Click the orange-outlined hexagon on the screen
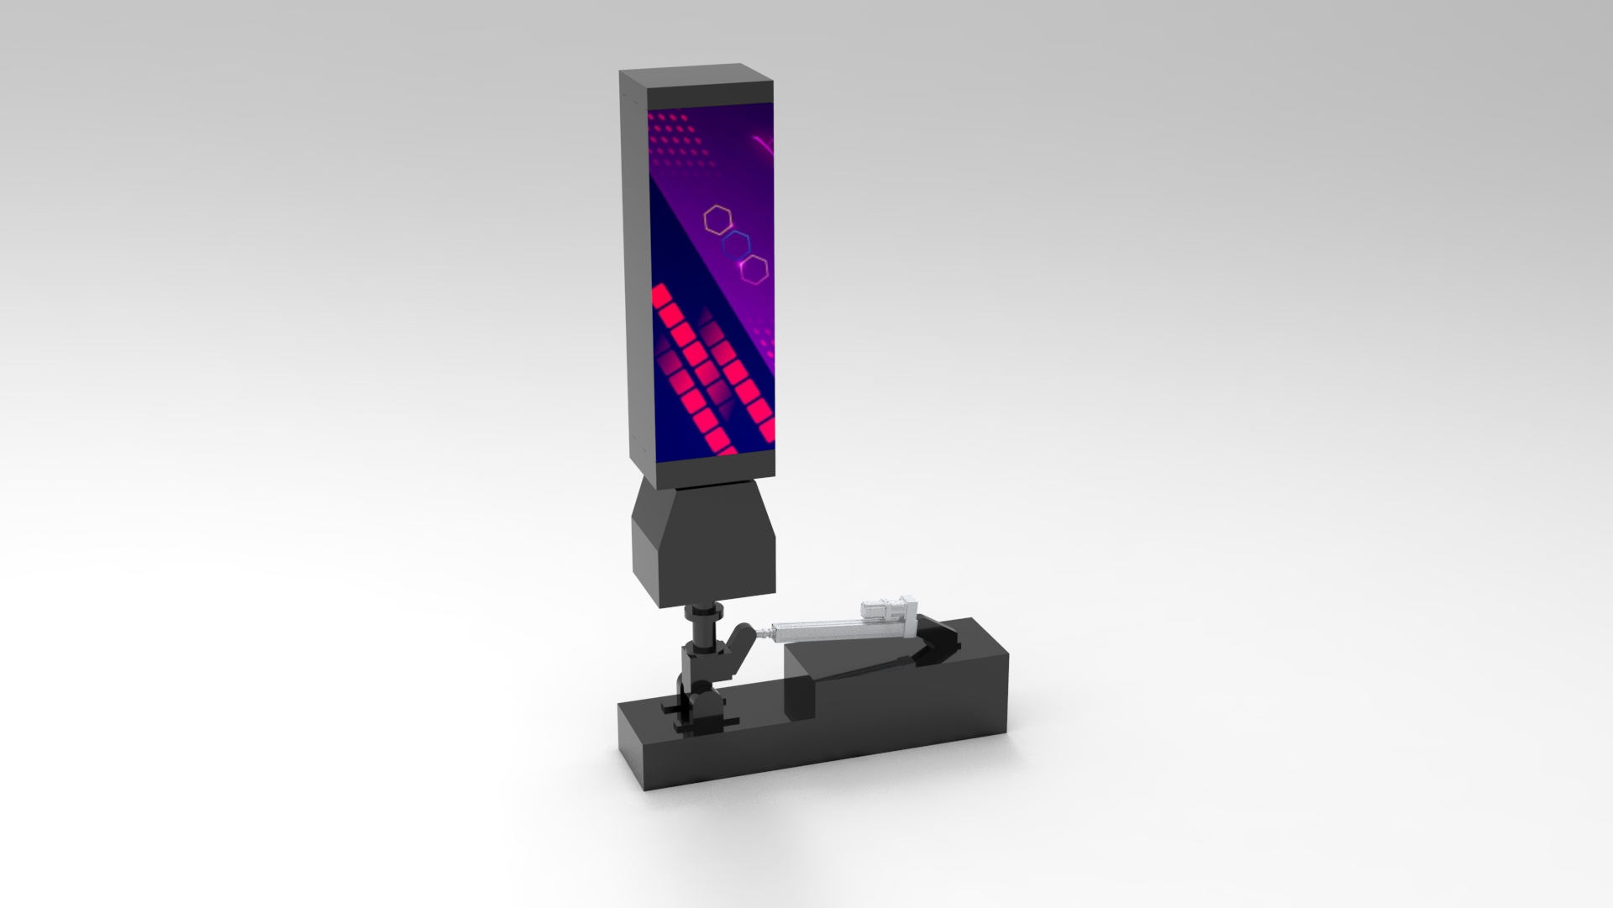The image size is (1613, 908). (x=717, y=219)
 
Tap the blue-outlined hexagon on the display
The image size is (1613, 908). (x=737, y=244)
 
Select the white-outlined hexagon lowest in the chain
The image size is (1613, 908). (x=754, y=269)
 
